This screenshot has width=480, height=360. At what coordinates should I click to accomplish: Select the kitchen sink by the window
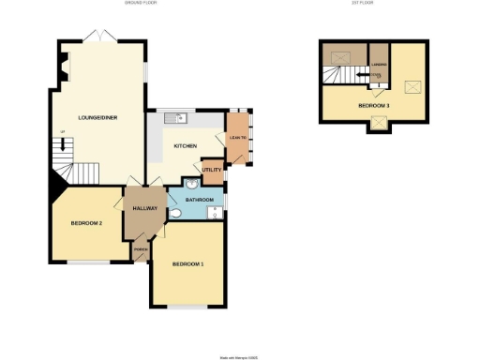tap(174, 118)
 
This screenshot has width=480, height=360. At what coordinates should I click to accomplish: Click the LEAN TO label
tap(237, 139)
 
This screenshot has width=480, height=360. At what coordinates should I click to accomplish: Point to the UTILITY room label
tap(213, 170)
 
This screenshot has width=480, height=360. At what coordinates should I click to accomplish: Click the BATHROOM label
tap(200, 200)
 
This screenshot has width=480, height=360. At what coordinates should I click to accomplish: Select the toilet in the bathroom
tap(176, 214)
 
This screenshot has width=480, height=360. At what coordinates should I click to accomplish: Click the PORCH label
tap(141, 250)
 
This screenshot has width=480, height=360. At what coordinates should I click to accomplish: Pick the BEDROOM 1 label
tap(187, 264)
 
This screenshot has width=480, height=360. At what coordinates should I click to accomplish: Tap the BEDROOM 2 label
tap(85, 223)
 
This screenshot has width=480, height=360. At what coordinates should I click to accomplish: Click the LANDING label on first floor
tap(379, 65)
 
